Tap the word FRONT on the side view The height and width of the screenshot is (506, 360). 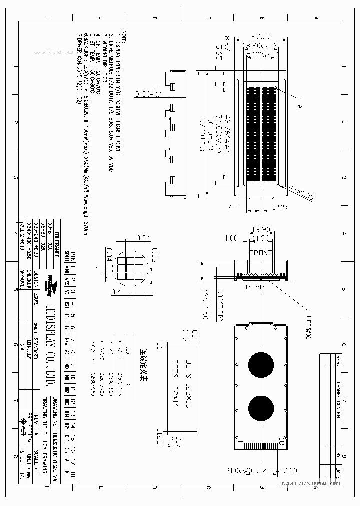pos(261,253)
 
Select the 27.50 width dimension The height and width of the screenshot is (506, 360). pos(262,36)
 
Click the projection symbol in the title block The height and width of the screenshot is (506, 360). pos(23,425)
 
